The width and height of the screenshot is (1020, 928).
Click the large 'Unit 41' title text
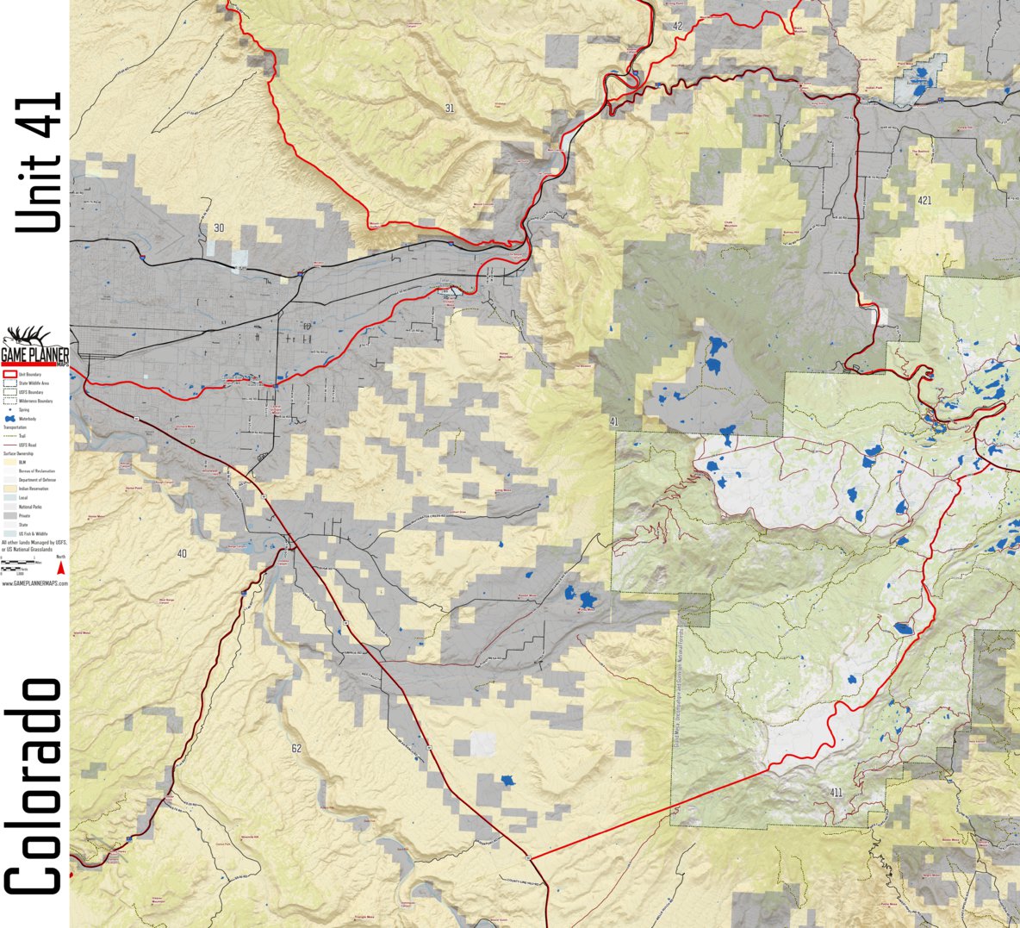click(x=39, y=162)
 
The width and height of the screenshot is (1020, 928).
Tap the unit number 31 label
click(x=450, y=109)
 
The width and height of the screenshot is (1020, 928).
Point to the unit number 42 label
click(x=677, y=27)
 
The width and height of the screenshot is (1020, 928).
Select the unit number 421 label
click(x=924, y=201)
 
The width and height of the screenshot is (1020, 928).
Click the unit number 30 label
click(x=219, y=227)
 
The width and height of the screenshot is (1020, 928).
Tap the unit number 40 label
click(x=181, y=552)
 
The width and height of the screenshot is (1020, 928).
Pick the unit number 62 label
click(x=296, y=748)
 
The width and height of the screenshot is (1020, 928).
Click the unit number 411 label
click(x=836, y=792)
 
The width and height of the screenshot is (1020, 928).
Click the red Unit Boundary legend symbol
click(x=10, y=374)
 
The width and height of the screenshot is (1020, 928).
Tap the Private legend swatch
click(x=10, y=515)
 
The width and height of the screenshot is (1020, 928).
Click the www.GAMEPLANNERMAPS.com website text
click(x=34, y=583)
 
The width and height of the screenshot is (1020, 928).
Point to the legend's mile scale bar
click(x=17, y=563)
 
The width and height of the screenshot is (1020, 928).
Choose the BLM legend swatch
click(x=10, y=462)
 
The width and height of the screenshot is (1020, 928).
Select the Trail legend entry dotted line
click(x=10, y=436)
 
